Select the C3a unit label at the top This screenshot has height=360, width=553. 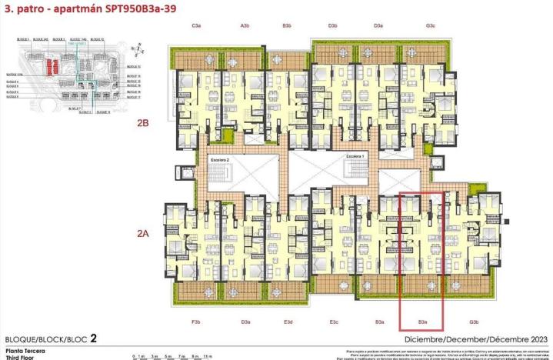coord(196,26)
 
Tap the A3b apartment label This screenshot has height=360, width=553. coord(245,26)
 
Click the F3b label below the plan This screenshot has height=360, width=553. coord(195,322)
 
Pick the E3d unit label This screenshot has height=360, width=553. coord(288,322)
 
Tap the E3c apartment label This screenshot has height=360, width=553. coord(334,322)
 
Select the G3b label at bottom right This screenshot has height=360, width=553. coord(474,322)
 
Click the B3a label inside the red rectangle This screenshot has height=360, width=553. coord(422,322)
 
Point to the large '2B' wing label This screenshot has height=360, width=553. coord(143,122)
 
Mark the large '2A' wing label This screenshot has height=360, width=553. coord(143,233)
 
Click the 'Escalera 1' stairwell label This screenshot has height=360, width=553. coord(355,156)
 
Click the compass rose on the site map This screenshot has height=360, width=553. coord(137,51)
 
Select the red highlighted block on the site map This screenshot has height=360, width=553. coord(50,68)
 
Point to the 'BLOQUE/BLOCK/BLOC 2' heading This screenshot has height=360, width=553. coord(51,338)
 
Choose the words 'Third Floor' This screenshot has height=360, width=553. coord(19,357)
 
